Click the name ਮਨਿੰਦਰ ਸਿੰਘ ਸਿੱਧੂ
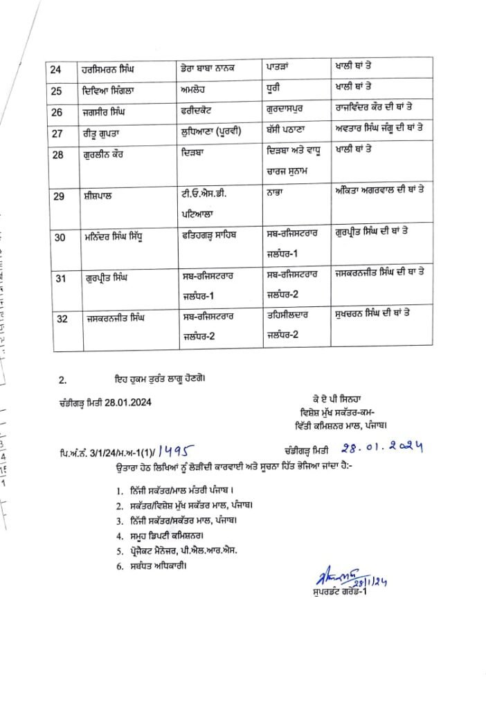pos(115,236)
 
